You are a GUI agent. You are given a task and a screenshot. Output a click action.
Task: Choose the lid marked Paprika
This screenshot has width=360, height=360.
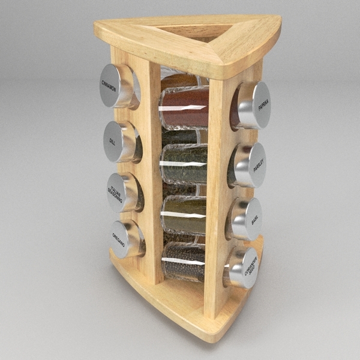(259, 106)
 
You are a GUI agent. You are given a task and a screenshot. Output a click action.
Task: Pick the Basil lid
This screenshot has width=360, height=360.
(251, 219)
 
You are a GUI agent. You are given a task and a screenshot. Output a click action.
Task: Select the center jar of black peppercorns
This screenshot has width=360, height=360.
(184, 262)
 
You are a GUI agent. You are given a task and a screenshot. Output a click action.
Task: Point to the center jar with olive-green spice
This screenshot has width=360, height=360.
(184, 214)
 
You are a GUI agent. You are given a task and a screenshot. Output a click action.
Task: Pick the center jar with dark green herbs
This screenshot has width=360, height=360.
(185, 163)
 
